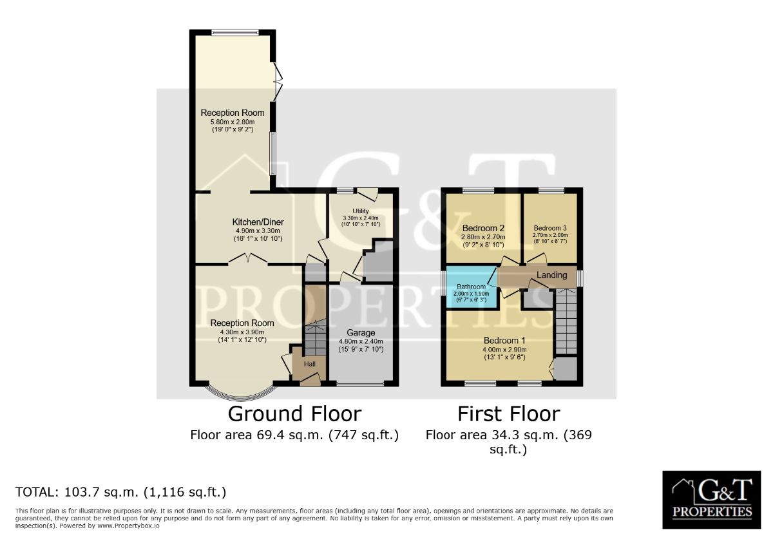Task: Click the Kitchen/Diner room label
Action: click(258, 222)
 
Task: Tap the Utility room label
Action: click(361, 211)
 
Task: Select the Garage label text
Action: click(361, 332)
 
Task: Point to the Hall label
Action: click(310, 364)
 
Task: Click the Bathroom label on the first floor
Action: click(471, 287)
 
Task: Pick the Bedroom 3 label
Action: click(550, 228)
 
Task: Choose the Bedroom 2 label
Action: click(483, 228)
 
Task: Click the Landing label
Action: click(552, 275)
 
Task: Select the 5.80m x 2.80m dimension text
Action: click(233, 122)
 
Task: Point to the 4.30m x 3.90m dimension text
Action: click(242, 332)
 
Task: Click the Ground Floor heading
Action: click(294, 414)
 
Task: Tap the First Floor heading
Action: click(509, 414)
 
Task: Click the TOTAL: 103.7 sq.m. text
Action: click(77, 492)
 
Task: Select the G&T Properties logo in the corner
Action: click(712, 500)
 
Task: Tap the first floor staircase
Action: click(566, 321)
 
